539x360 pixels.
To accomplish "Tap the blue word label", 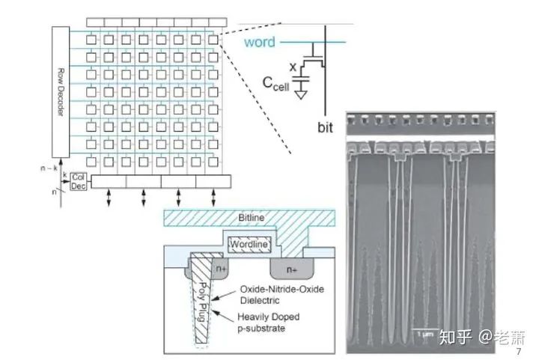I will pos(260,42).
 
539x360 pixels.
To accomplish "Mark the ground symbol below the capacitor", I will pos(301,95).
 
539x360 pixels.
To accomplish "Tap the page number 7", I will pos(520,351).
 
